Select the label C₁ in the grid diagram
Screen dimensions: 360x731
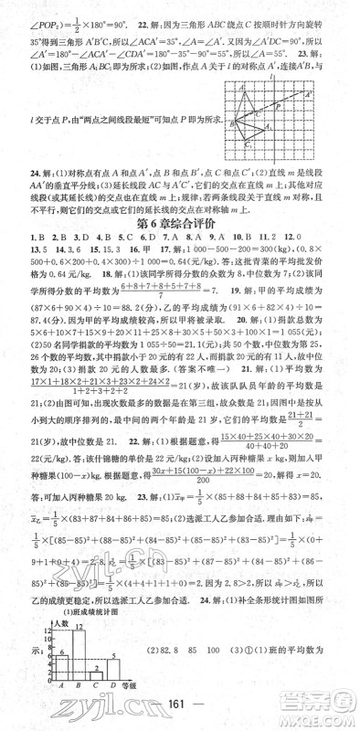[x=247, y=146]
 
